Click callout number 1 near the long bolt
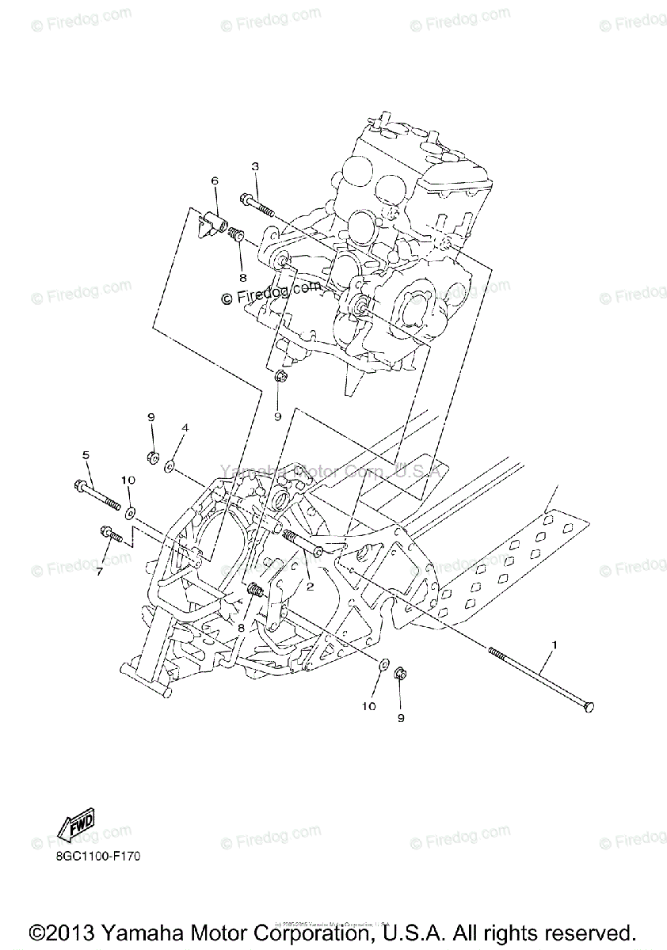click(554, 645)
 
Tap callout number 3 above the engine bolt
click(255, 166)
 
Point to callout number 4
click(185, 427)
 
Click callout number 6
click(214, 181)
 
